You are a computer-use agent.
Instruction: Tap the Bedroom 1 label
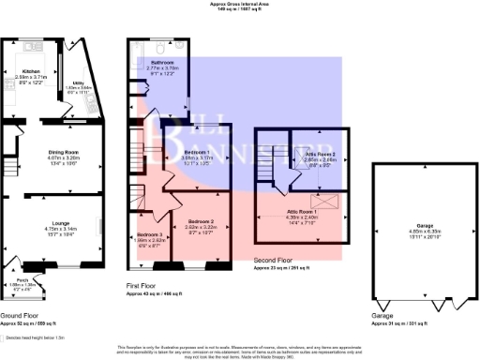point(196,151)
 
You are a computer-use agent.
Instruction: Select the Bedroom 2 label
point(202,221)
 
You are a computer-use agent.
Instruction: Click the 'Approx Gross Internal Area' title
point(239,5)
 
